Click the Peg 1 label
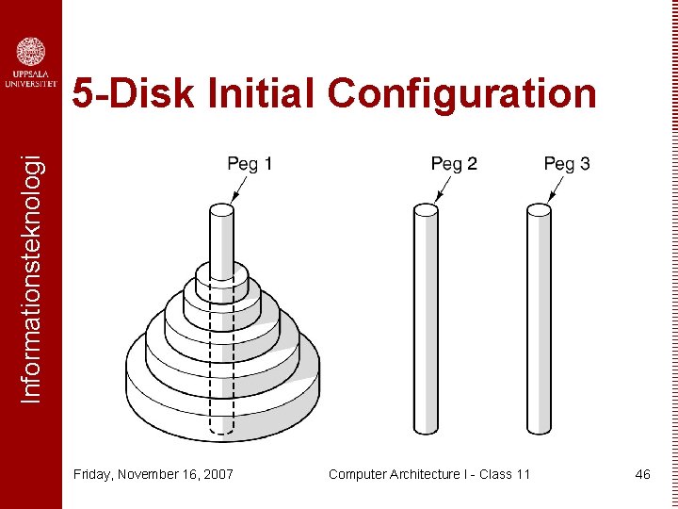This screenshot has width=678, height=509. tap(250, 164)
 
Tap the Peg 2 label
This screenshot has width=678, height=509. tap(454, 164)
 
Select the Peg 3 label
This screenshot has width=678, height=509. tap(567, 164)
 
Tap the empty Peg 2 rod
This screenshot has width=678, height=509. tap(426, 320)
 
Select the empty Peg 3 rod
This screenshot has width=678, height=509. tap(539, 320)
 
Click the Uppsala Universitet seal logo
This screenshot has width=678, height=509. tap(31, 52)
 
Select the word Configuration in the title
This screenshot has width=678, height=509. tap(461, 94)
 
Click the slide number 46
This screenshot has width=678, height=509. tap(642, 474)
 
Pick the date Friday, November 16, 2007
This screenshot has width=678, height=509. tap(153, 474)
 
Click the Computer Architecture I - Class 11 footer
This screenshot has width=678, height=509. tap(429, 474)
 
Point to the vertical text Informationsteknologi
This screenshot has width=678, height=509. tap(31, 279)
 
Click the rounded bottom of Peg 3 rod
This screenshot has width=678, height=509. tap(539, 429)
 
